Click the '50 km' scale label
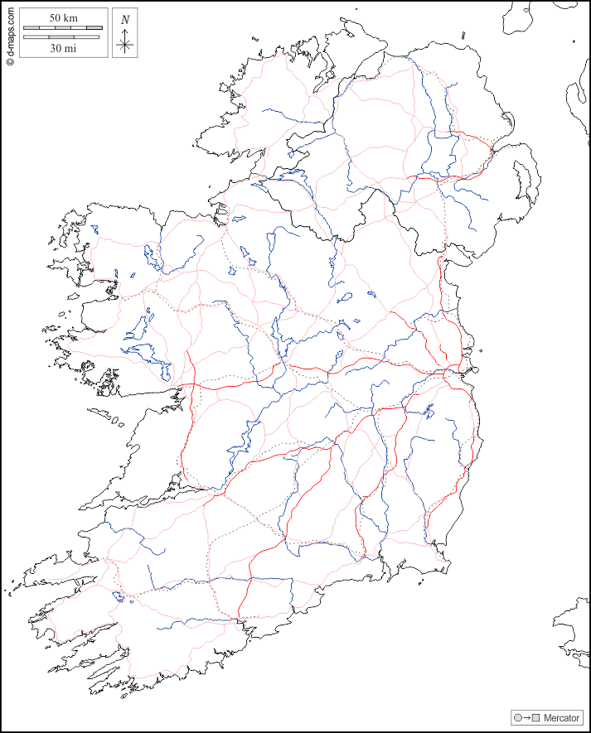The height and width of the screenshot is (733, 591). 63,17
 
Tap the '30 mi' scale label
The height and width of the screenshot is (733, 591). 63,48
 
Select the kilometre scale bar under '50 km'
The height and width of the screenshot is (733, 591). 63,28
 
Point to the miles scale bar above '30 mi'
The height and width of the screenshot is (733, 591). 63,37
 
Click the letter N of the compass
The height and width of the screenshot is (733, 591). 125,19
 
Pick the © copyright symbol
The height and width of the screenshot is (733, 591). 10,61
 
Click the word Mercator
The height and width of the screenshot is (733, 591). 561,717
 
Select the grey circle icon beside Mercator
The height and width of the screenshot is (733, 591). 518,717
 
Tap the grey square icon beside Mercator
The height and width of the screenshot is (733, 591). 535,717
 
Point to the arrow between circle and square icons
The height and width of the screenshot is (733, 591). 526,717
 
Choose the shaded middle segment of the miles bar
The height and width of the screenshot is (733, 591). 63,37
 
